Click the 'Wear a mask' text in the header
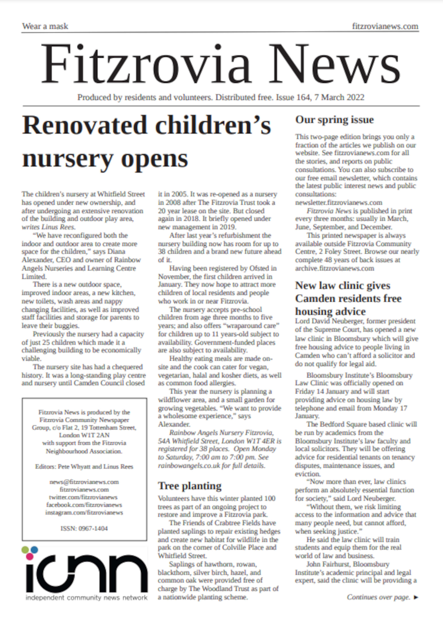(x=45, y=26)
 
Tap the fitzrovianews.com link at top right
(x=385, y=26)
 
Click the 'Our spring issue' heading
(x=334, y=120)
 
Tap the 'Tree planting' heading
(x=190, y=486)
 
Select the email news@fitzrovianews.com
(x=84, y=482)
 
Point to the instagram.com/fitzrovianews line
(x=84, y=512)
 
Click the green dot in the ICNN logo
(x=25, y=550)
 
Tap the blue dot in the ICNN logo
(x=34, y=549)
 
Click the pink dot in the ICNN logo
(x=29, y=556)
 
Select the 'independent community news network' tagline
(x=86, y=598)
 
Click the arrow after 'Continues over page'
(x=416, y=597)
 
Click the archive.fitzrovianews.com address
(x=334, y=268)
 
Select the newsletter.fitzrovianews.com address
(x=338, y=202)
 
